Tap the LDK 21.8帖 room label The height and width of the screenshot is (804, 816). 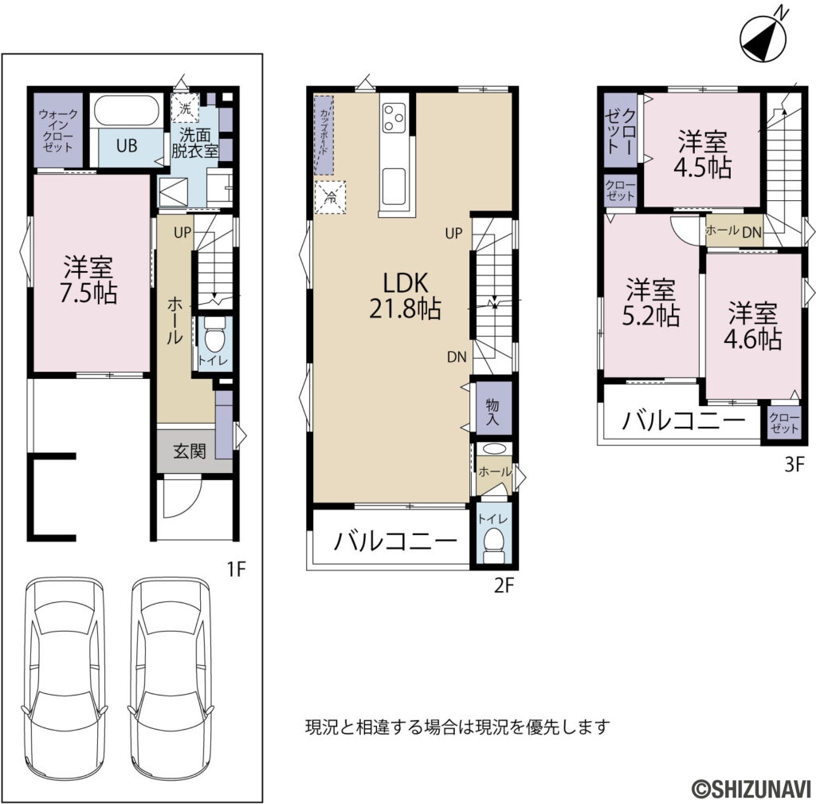(406, 294)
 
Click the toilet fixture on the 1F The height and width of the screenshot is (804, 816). (213, 338)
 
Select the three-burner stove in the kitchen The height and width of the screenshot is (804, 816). (394, 118)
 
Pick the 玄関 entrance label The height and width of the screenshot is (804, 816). (190, 451)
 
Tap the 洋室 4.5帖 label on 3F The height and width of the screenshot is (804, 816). (704, 156)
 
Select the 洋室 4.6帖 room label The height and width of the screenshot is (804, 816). (751, 325)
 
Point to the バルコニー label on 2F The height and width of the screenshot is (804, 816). (395, 542)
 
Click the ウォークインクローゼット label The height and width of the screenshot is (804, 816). (57, 131)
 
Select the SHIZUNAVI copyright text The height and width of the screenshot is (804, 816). (750, 787)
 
